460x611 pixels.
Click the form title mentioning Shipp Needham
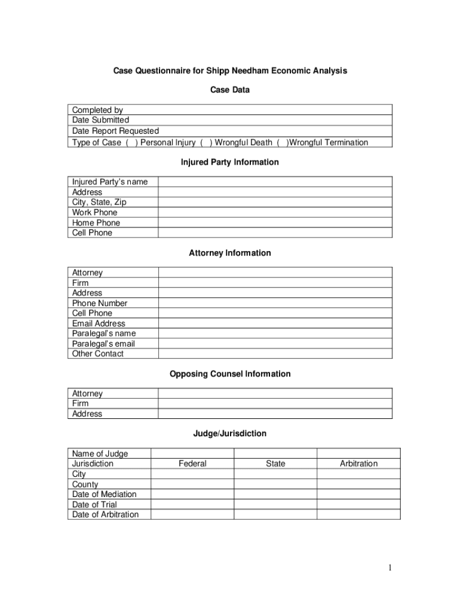point(230,71)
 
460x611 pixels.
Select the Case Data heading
point(230,90)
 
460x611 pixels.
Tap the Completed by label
point(97,110)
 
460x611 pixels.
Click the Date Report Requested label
point(115,131)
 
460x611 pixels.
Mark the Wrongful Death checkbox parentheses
point(206,142)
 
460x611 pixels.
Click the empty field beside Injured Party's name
point(275,181)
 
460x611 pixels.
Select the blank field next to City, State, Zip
point(275,202)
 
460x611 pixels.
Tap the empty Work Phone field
point(275,212)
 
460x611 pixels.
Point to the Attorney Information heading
point(230,253)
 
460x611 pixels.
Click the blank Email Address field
point(275,323)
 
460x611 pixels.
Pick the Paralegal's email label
point(103,344)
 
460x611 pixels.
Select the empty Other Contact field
point(275,354)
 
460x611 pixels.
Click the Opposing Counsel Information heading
point(230,374)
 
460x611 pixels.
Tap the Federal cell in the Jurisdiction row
point(192,464)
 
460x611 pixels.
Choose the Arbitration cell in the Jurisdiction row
point(358,464)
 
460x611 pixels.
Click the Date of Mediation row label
point(104,494)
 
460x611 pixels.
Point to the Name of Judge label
point(100,453)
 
